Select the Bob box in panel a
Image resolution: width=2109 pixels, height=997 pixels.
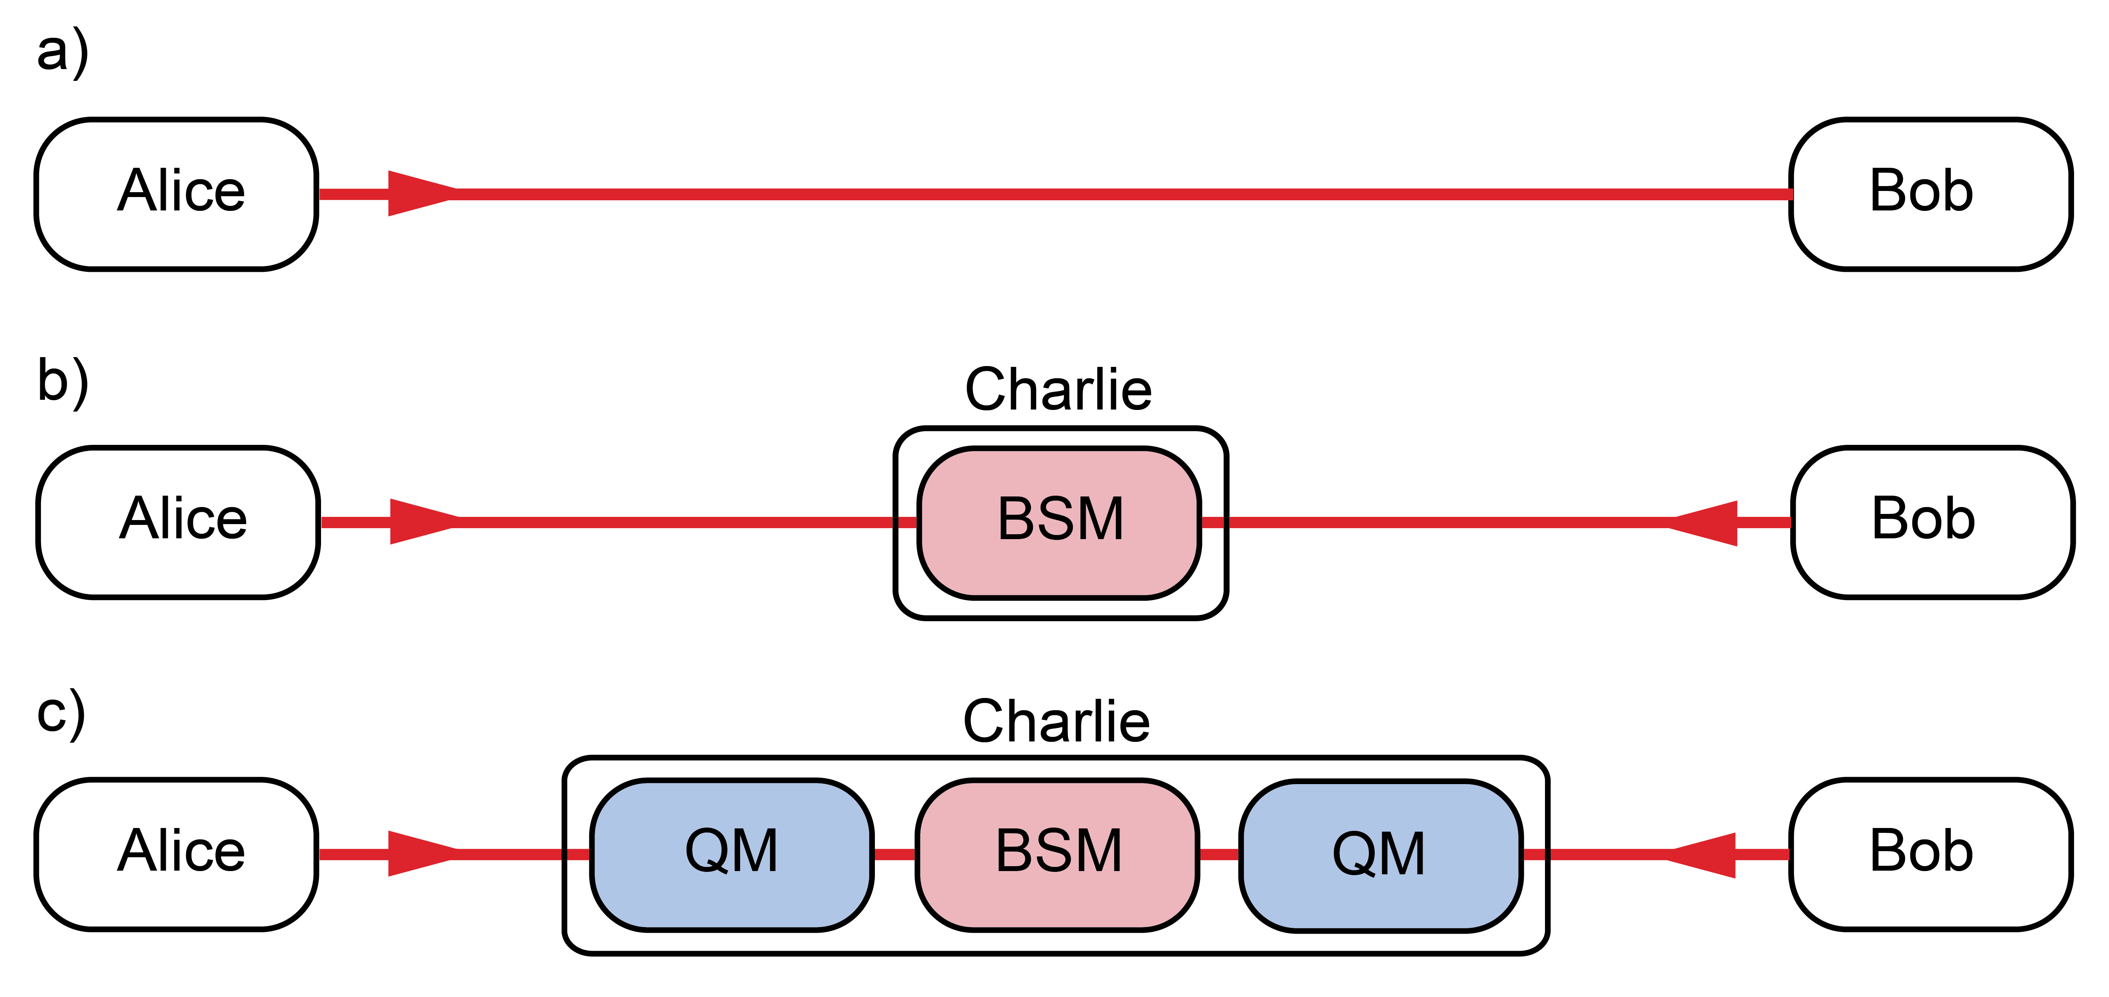pyautogui.click(x=1931, y=194)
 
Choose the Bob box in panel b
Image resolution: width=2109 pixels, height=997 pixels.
pyautogui.click(x=1932, y=522)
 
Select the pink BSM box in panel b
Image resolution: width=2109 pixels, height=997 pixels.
pyautogui.click(x=1059, y=522)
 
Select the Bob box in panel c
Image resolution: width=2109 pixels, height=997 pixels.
pyautogui.click(x=1931, y=854)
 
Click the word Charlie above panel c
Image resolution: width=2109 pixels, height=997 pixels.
pyautogui.click(x=1056, y=722)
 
